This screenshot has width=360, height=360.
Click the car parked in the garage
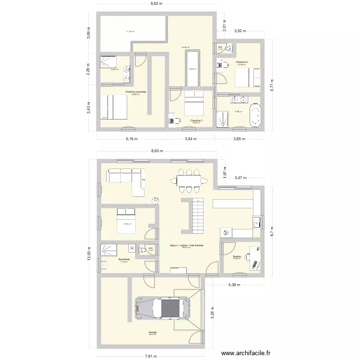click(x=162, y=308)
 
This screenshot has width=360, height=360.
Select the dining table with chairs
click(x=189, y=180)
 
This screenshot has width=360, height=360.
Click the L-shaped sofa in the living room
click(x=126, y=180)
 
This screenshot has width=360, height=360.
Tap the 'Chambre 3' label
click(x=196, y=120)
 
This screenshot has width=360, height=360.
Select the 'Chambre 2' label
click(x=241, y=62)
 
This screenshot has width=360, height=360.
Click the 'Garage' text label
click(x=152, y=332)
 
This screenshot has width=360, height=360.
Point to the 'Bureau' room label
click(x=237, y=256)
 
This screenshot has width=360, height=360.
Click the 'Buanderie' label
click(x=124, y=260)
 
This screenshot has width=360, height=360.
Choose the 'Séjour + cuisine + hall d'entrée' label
click(x=186, y=245)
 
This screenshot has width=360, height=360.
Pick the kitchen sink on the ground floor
click(x=257, y=222)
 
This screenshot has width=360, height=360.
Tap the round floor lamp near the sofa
click(x=156, y=201)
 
